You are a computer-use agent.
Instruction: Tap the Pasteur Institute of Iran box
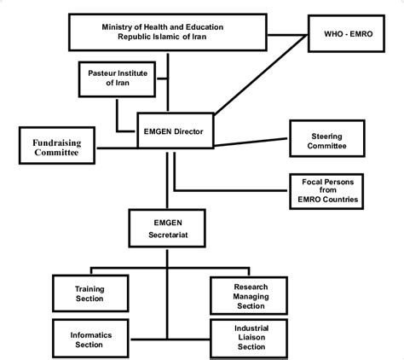116,79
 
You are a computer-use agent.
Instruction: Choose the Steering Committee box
329,140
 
